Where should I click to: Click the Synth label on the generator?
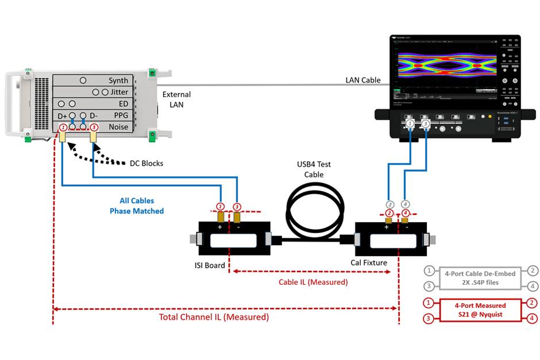[x=118, y=80]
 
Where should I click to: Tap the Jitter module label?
[x=119, y=92]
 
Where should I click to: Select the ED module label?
[x=122, y=104]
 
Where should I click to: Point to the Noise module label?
[x=118, y=127]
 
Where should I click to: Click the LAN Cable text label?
[x=362, y=80]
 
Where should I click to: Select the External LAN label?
[x=176, y=99]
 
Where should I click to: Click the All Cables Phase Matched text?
[x=137, y=206]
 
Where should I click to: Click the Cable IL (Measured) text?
[x=313, y=282]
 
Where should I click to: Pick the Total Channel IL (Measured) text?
[x=214, y=317]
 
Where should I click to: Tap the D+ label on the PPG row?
[x=63, y=116]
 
